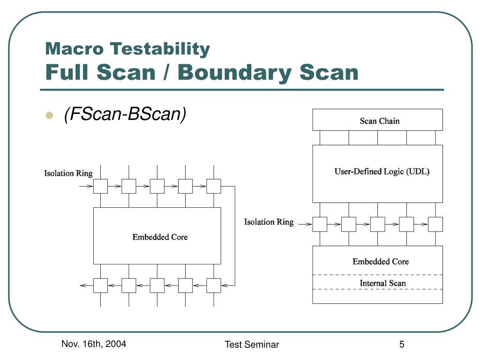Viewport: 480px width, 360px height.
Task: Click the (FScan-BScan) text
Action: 125,114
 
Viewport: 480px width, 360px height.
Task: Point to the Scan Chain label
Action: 380,121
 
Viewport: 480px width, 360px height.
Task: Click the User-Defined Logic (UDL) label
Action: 382,172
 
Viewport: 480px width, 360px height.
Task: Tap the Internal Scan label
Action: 382,283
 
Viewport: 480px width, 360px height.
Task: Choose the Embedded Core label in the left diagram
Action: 160,237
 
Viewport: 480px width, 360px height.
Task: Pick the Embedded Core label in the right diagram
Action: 381,262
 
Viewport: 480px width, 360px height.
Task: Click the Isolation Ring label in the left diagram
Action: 68,173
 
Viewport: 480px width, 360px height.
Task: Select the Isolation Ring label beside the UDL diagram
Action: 269,222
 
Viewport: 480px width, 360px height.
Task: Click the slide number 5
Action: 402,345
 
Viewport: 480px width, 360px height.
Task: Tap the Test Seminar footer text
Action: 252,345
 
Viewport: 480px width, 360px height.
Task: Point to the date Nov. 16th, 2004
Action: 94,345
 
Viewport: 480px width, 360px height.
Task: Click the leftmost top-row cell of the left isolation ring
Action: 100,187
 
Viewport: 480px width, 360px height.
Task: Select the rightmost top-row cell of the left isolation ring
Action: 214,187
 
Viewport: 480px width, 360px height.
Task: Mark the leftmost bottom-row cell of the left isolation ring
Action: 100,285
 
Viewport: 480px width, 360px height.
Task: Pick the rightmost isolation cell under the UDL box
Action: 435,224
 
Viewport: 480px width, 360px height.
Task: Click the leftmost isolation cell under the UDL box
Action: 320,224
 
